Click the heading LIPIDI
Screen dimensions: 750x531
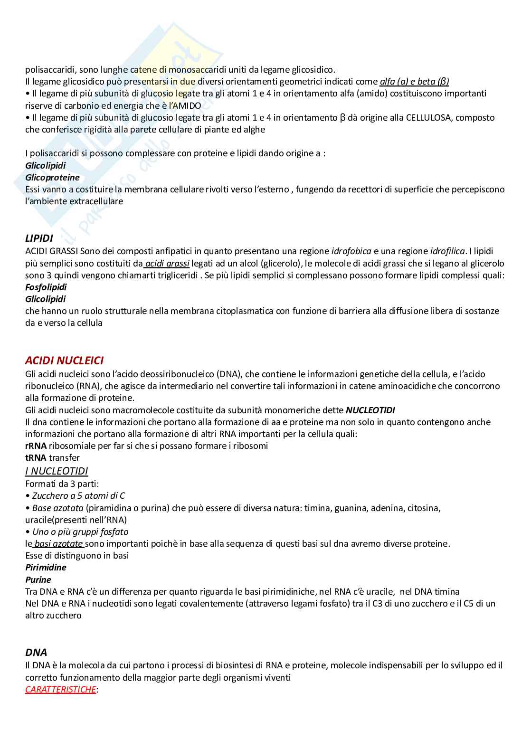(39, 238)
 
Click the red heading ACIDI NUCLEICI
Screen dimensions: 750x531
(64, 361)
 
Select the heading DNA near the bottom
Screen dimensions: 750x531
(36, 652)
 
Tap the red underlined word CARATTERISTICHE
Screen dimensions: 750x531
(60, 689)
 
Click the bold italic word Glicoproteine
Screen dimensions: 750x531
(52, 178)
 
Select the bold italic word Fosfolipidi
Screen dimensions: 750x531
(46, 287)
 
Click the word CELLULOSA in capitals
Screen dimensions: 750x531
(427, 117)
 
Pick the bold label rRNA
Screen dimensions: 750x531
(36, 446)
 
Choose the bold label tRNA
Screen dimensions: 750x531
(36, 458)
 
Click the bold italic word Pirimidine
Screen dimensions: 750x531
(46, 567)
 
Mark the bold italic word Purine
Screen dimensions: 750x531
(38, 579)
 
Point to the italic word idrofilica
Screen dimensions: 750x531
(447, 250)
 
